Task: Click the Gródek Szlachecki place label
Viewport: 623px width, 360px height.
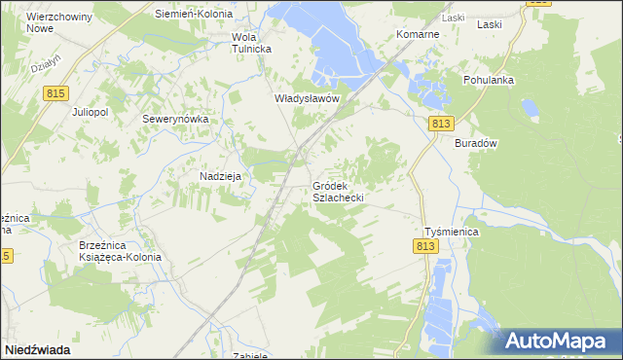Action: pyautogui.click(x=338, y=191)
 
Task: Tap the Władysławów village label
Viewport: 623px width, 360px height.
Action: pyautogui.click(x=306, y=99)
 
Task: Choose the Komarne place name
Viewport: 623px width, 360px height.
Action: pyautogui.click(x=419, y=34)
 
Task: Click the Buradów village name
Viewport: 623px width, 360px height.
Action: pyautogui.click(x=476, y=143)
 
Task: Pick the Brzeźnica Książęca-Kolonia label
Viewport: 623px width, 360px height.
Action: pyautogui.click(x=121, y=251)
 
